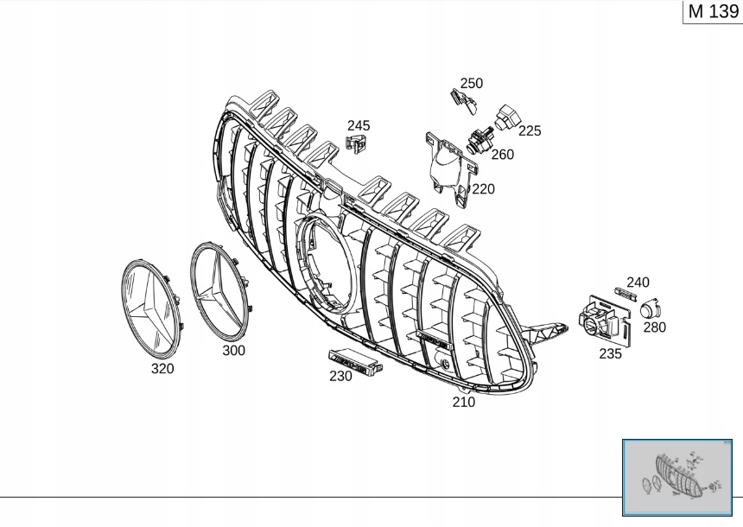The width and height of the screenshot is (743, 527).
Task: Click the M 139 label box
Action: tap(712, 12)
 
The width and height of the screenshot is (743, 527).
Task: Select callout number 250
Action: tap(472, 84)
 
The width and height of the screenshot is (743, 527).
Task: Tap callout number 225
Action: tap(530, 130)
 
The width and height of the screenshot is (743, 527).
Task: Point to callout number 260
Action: tap(502, 155)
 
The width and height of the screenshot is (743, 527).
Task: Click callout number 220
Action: tap(483, 188)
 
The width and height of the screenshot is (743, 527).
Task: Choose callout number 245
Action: tap(359, 125)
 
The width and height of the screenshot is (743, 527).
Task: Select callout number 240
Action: tap(638, 283)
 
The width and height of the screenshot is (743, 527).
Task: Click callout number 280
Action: tap(655, 327)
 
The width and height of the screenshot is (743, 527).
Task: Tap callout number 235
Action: tap(610, 353)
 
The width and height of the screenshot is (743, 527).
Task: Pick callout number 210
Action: tap(464, 402)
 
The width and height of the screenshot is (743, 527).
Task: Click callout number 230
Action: tap(340, 376)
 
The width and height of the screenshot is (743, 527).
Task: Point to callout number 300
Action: tap(233, 351)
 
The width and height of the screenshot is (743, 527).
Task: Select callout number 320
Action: tap(162, 369)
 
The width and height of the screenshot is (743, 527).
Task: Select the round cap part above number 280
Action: tap(649, 308)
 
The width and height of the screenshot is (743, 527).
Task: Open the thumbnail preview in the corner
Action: tap(681, 477)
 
